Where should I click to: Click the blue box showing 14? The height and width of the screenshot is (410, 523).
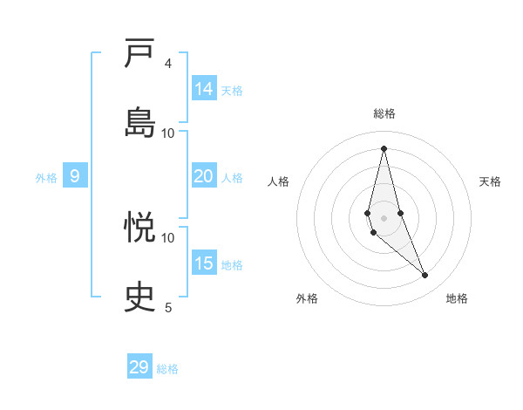click(x=204, y=89)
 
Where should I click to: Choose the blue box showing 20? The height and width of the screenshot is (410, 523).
click(x=204, y=176)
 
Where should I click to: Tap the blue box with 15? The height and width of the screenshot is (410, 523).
click(x=204, y=263)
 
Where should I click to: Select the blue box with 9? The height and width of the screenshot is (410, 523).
click(x=75, y=176)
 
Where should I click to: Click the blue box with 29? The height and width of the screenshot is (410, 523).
click(x=139, y=367)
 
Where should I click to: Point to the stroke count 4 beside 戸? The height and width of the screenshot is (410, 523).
click(x=168, y=64)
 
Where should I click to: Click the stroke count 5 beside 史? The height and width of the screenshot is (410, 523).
click(x=168, y=306)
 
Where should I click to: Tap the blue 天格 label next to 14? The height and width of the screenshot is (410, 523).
click(x=232, y=90)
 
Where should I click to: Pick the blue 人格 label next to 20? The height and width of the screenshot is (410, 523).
click(x=232, y=177)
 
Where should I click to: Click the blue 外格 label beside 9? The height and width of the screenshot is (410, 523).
click(x=46, y=177)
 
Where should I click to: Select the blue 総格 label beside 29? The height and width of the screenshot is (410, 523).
click(x=167, y=369)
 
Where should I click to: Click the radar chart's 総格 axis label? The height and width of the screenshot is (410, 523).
click(x=384, y=113)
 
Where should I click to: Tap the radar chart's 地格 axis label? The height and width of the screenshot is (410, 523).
click(x=457, y=298)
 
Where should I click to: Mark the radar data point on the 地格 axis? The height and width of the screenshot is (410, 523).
click(x=425, y=276)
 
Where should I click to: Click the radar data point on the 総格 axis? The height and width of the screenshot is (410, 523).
click(x=384, y=147)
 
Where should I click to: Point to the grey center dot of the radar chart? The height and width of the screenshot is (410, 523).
click(x=384, y=217)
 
